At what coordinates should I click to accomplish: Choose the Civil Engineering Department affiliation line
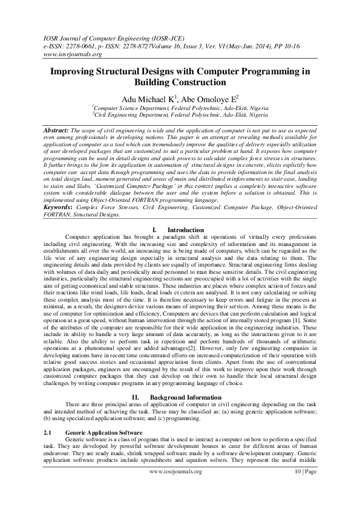[x=179, y=114]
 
